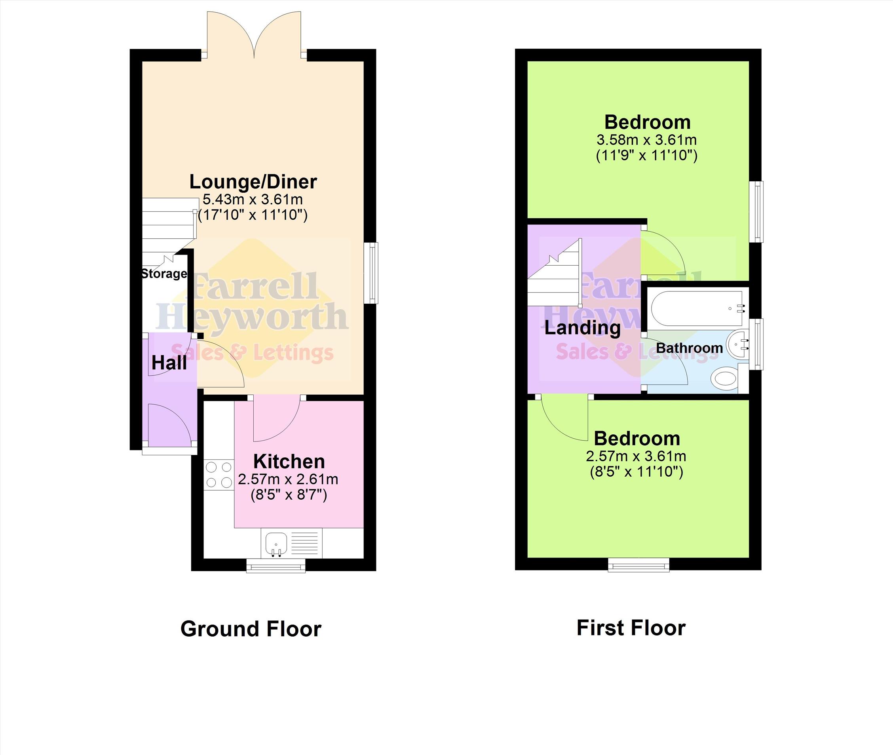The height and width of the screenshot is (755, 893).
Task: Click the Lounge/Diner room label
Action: (253, 182)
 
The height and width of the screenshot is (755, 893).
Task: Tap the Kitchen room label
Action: (289, 461)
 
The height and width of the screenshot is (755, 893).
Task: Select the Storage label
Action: (164, 274)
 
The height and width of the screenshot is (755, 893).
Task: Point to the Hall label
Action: (169, 363)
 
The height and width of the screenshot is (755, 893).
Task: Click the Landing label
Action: (582, 328)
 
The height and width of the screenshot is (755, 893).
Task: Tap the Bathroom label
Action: (689, 348)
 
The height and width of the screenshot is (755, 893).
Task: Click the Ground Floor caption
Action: (251, 629)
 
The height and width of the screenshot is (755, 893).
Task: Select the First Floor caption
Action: (631, 628)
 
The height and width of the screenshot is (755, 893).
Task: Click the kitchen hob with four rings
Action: (219, 475)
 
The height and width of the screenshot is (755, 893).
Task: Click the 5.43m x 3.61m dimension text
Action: (253, 199)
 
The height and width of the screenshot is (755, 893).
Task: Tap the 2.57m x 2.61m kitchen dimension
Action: (288, 479)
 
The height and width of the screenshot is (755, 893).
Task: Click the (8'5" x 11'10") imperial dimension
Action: (636, 472)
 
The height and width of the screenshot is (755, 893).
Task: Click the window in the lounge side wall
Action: (371, 273)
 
